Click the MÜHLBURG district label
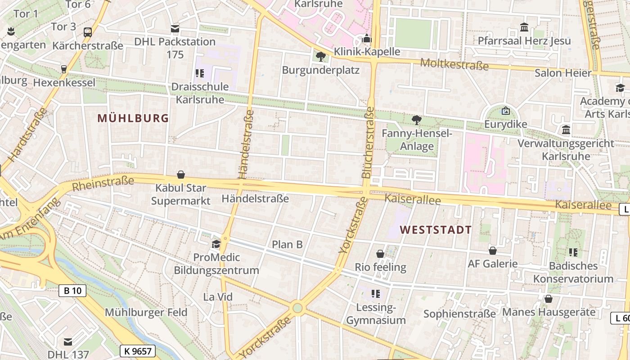point(133,118)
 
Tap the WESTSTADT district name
point(436,230)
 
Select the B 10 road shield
point(72,291)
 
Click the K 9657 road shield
point(138,351)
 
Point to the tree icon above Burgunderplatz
point(320,57)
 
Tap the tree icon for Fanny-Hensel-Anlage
point(417,120)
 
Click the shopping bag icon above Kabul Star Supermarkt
point(181,175)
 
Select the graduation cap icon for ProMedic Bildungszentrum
point(216,244)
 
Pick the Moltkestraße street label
point(454,64)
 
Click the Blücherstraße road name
point(368,142)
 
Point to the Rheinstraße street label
point(103,184)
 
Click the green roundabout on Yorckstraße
point(297,309)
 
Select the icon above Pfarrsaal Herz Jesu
point(524,27)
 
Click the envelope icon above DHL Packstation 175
point(175,29)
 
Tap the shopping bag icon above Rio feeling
point(380,254)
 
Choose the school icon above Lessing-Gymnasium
point(376,294)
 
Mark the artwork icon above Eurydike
point(506,110)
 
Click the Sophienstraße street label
point(459,314)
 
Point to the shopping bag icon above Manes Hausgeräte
point(549,299)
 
